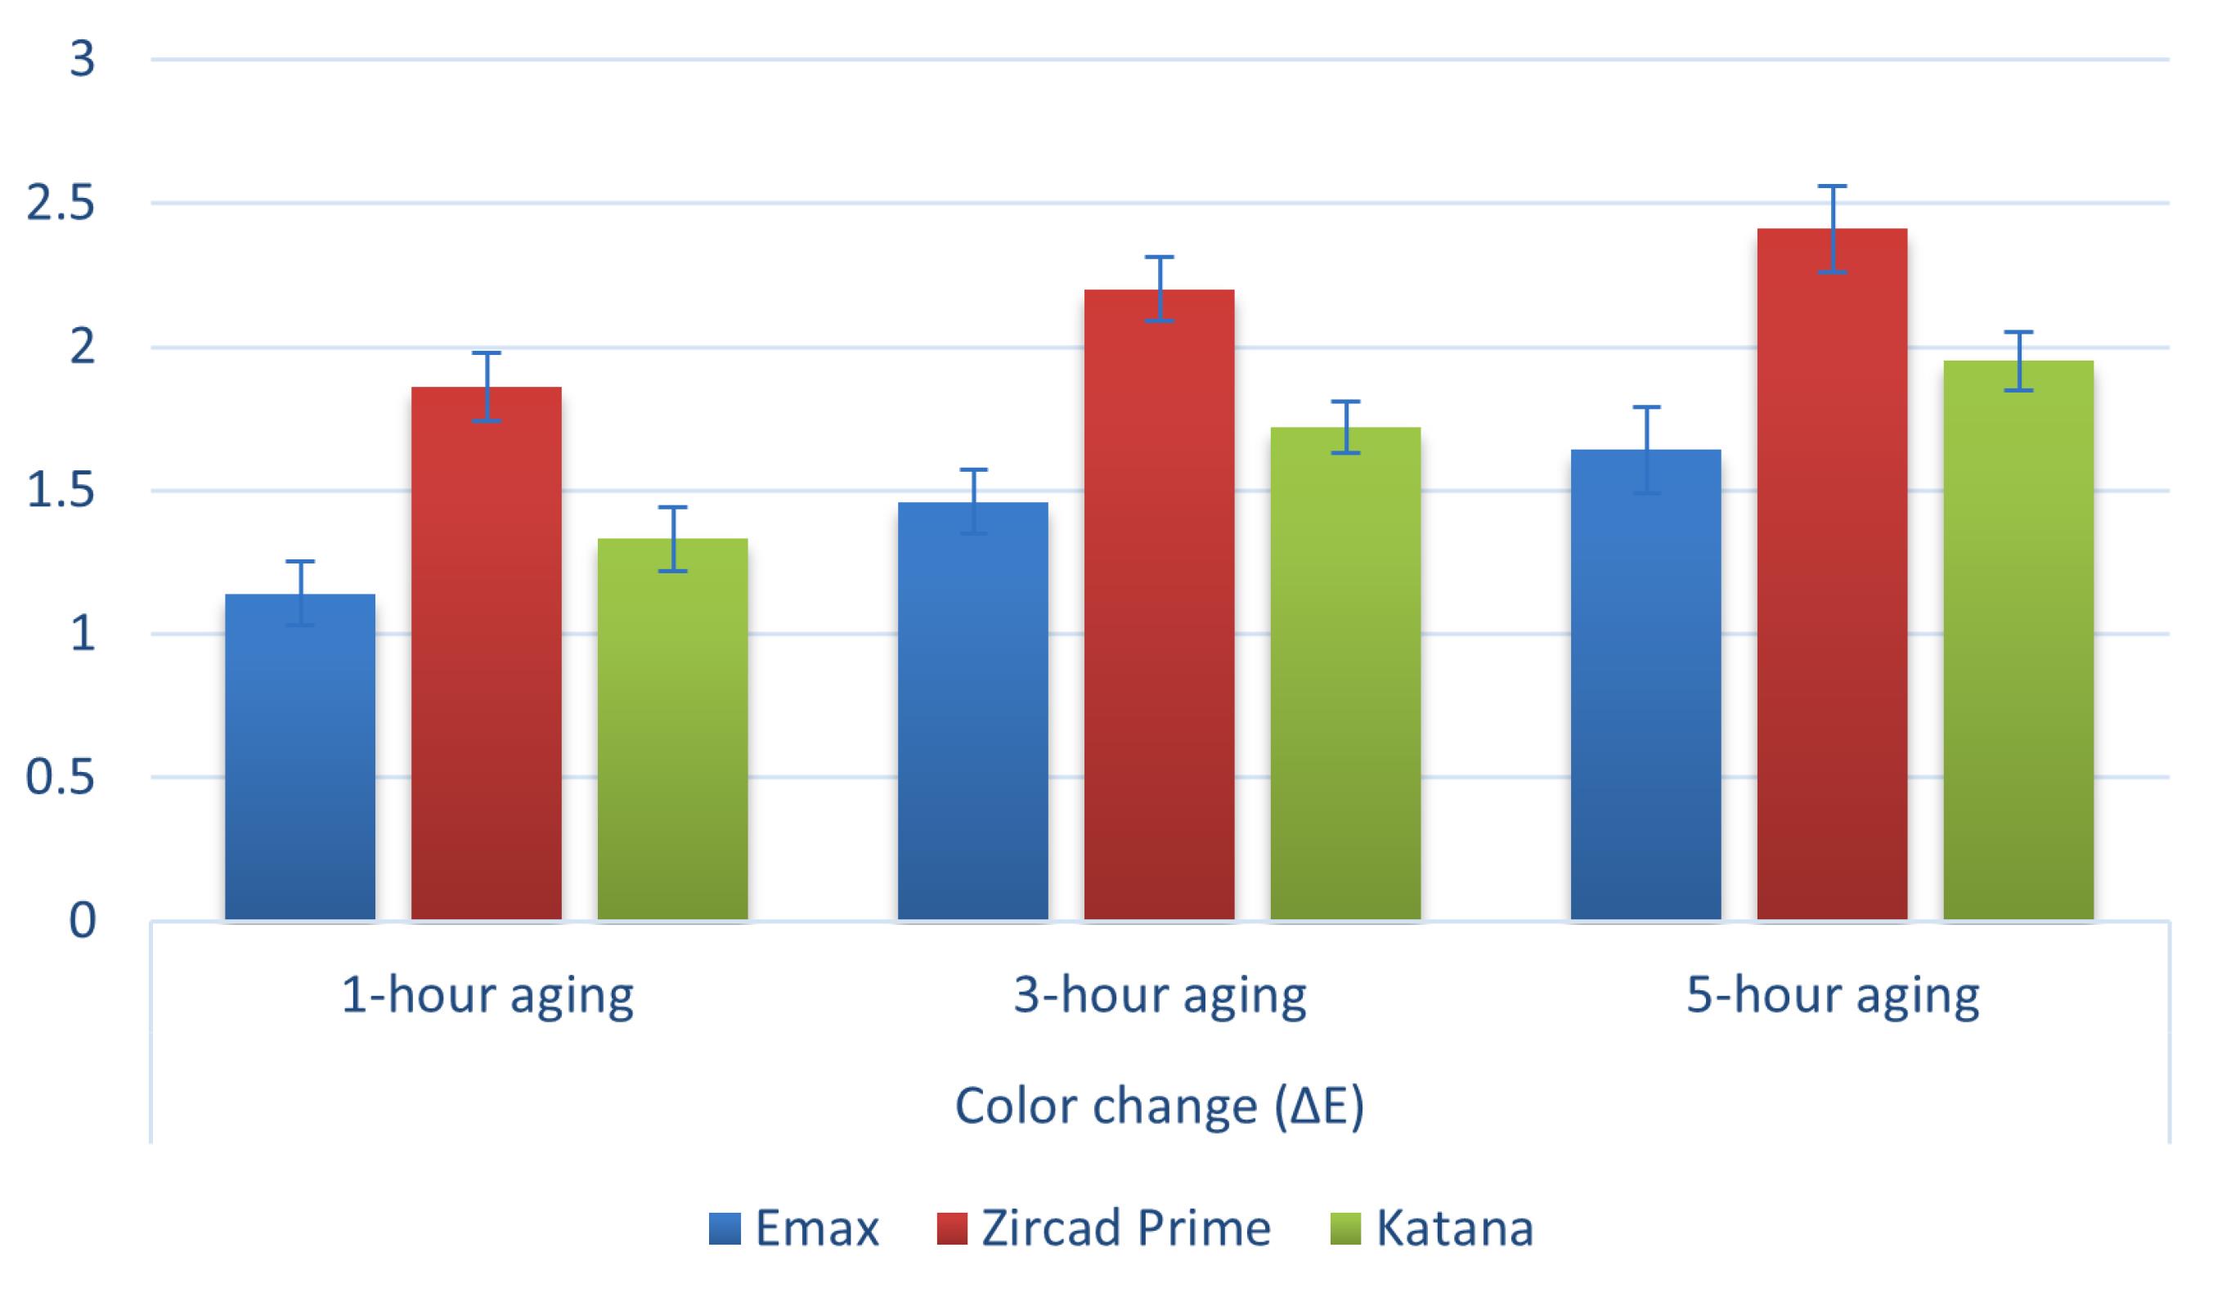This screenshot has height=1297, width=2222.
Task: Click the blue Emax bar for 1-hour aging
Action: click(300, 758)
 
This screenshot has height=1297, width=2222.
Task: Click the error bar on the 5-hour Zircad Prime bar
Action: click(1831, 228)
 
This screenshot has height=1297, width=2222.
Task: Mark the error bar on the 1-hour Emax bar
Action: click(300, 593)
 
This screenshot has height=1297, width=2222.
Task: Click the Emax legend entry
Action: click(794, 1228)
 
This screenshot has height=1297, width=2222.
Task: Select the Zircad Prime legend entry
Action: click(1104, 1228)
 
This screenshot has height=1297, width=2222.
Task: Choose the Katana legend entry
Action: click(1433, 1228)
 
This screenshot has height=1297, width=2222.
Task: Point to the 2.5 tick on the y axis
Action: click(60, 204)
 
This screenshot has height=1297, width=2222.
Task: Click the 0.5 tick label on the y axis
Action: click(60, 778)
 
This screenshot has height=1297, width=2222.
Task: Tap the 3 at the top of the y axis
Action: click(82, 60)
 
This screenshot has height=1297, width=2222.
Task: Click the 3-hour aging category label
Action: click(1160, 996)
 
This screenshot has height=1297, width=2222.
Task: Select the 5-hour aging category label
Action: click(1832, 996)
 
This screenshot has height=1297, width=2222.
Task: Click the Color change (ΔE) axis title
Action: click(1160, 1106)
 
